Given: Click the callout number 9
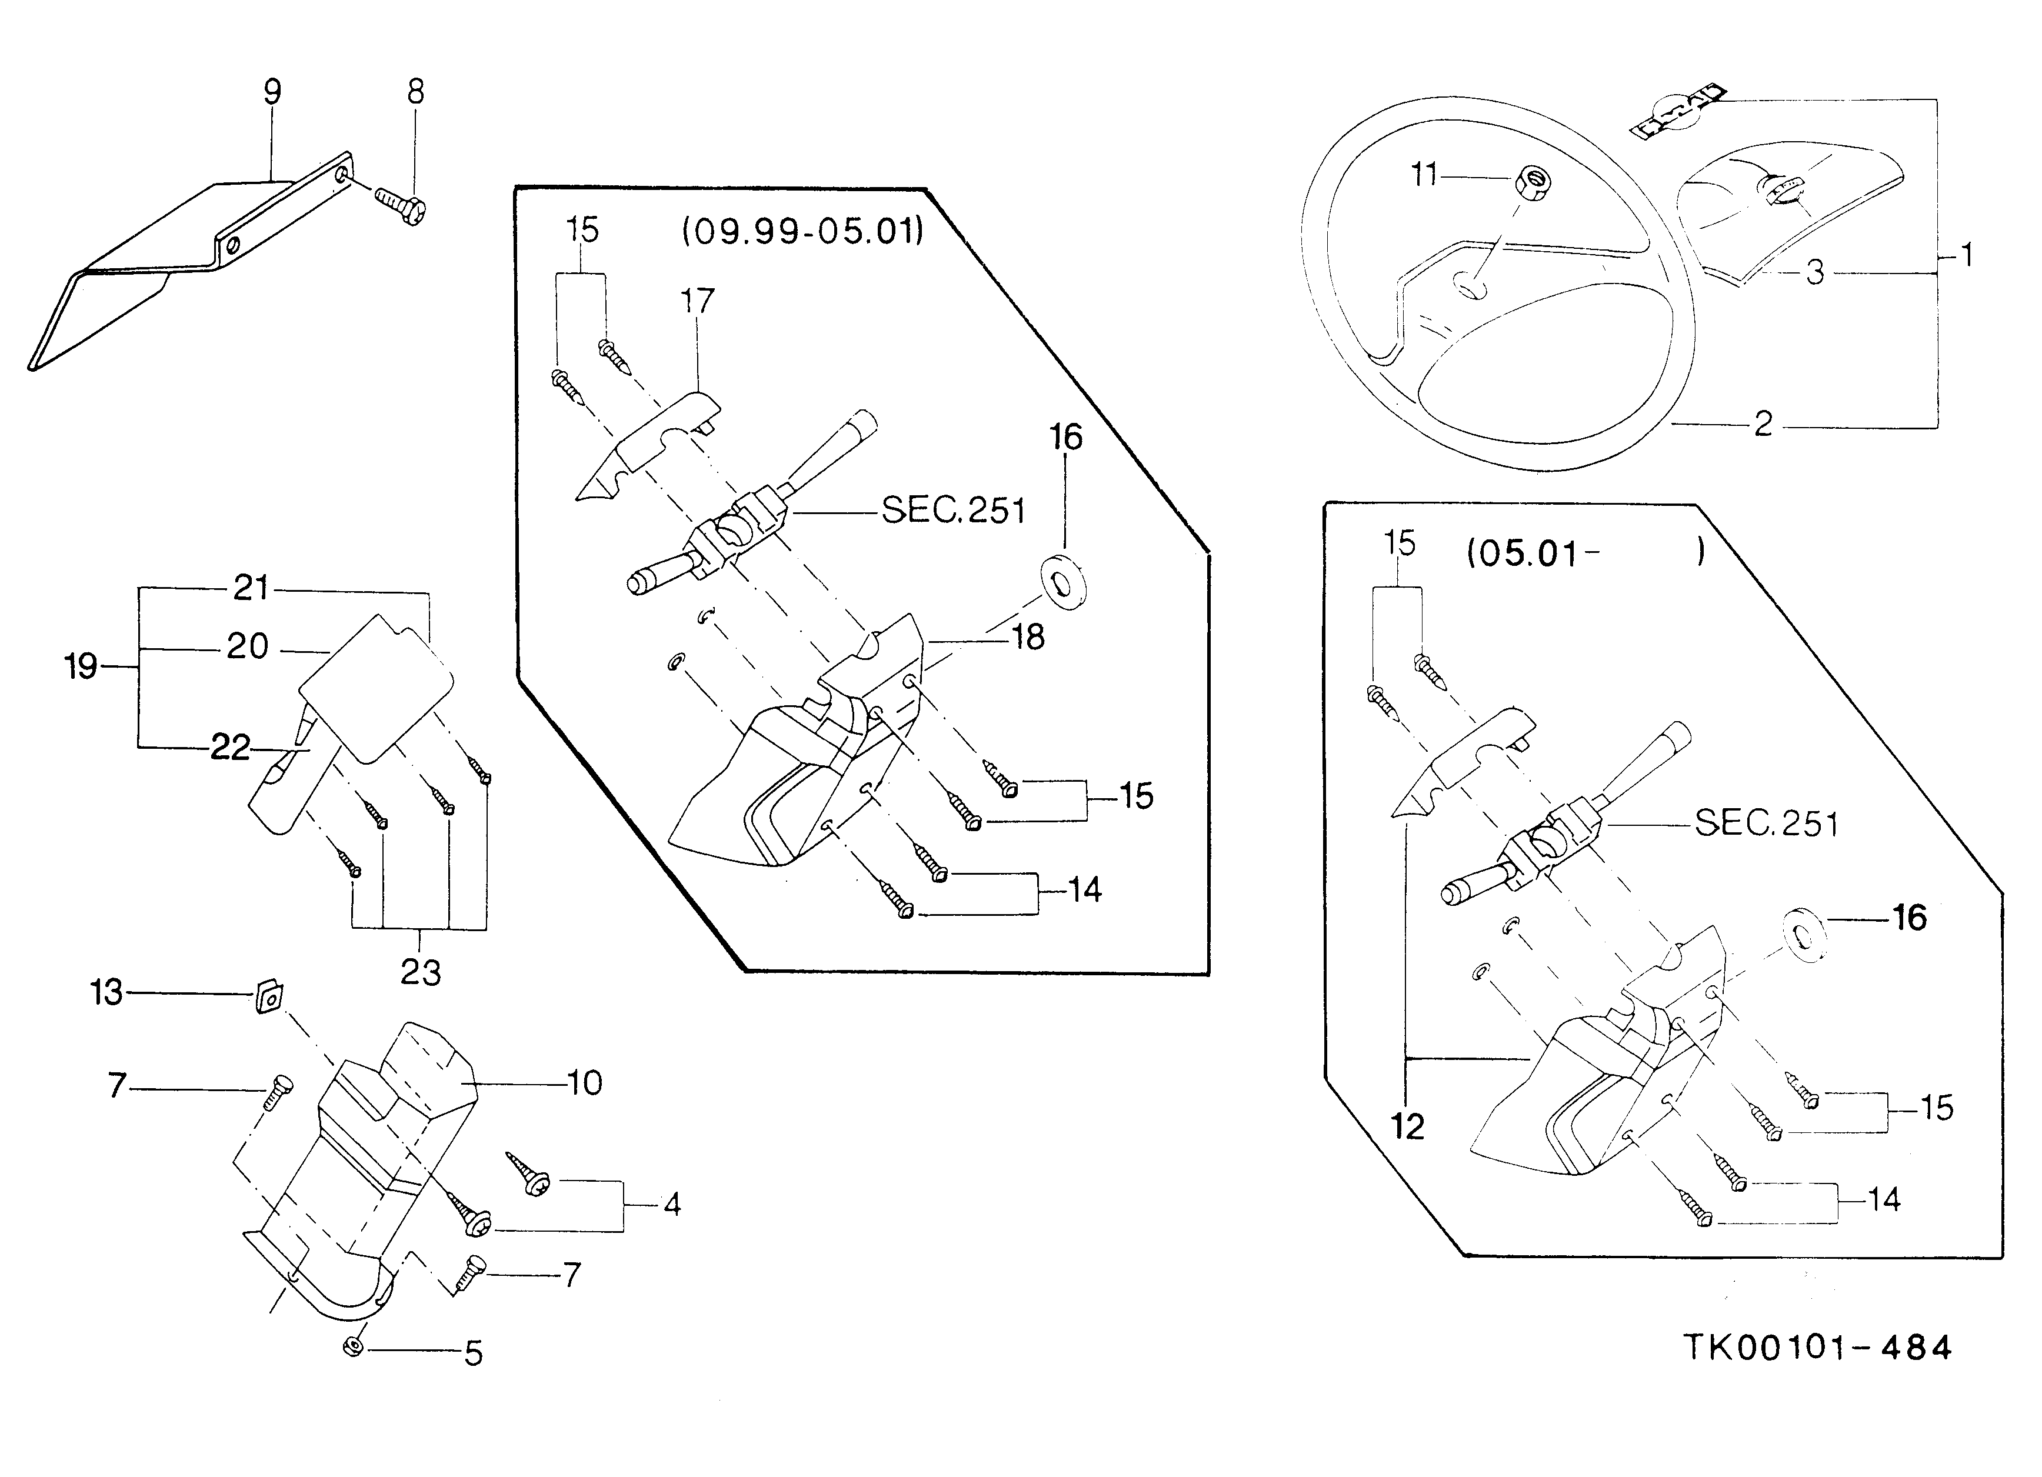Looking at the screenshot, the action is [x=272, y=91].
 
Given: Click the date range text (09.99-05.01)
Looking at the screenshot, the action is [x=802, y=232].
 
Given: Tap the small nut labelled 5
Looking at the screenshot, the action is [x=354, y=1348].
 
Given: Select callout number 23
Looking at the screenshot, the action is [x=421, y=972].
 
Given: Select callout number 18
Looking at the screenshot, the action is [x=1028, y=637].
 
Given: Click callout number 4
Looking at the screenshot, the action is [x=672, y=1204].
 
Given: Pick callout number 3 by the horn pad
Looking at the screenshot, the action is [x=1815, y=272].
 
